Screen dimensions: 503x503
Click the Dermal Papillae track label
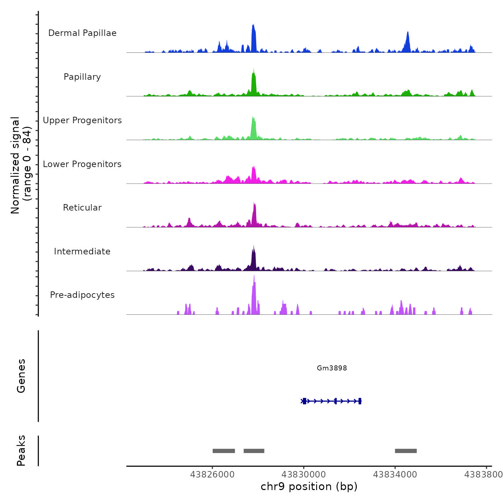click(x=82, y=33)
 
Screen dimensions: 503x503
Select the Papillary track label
click(x=82, y=77)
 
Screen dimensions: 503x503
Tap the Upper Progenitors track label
click(x=82, y=120)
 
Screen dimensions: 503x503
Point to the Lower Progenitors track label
click(x=82, y=164)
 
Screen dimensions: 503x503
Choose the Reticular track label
click(x=82, y=208)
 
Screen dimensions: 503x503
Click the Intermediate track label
click(x=82, y=251)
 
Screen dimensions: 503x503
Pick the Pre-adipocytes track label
click(x=82, y=295)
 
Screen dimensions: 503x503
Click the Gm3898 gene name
click(x=332, y=368)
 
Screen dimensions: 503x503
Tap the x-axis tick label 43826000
click(x=212, y=475)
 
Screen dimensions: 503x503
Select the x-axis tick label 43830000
click(x=304, y=475)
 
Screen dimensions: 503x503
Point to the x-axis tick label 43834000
click(x=395, y=475)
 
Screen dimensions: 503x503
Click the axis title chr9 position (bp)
click(x=309, y=486)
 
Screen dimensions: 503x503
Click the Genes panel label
click(x=21, y=376)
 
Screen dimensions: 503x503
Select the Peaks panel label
click(x=21, y=451)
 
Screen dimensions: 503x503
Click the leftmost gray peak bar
click(x=223, y=451)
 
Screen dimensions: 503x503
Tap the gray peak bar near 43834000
click(x=406, y=451)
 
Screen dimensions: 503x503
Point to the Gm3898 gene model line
click(x=331, y=401)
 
